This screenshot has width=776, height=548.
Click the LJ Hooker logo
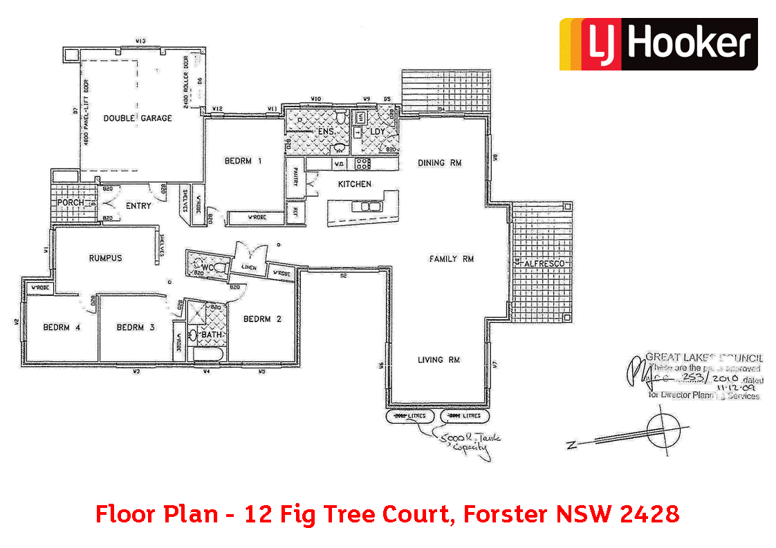(658, 44)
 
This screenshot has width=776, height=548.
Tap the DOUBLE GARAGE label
(138, 118)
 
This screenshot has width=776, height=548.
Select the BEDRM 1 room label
(243, 162)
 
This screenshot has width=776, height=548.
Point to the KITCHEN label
(354, 184)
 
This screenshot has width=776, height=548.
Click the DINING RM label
(439, 163)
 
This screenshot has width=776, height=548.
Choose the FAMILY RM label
(451, 259)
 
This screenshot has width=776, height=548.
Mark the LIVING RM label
(438, 360)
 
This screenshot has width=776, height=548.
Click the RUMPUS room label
(105, 258)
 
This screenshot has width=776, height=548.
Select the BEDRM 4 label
(62, 327)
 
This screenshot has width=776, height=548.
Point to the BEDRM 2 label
(262, 319)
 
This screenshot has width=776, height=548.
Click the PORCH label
(71, 202)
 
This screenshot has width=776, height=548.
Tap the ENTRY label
(138, 205)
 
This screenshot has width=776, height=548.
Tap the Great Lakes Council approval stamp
(695, 377)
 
